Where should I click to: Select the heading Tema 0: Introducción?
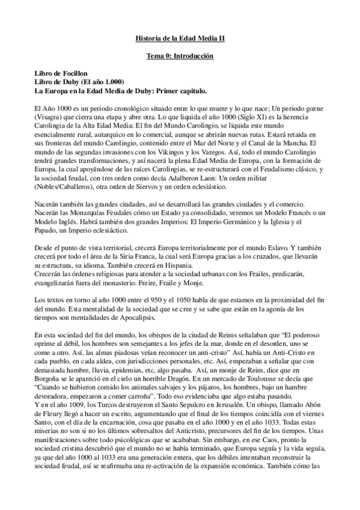(180, 56)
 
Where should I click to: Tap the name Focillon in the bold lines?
(76, 73)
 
